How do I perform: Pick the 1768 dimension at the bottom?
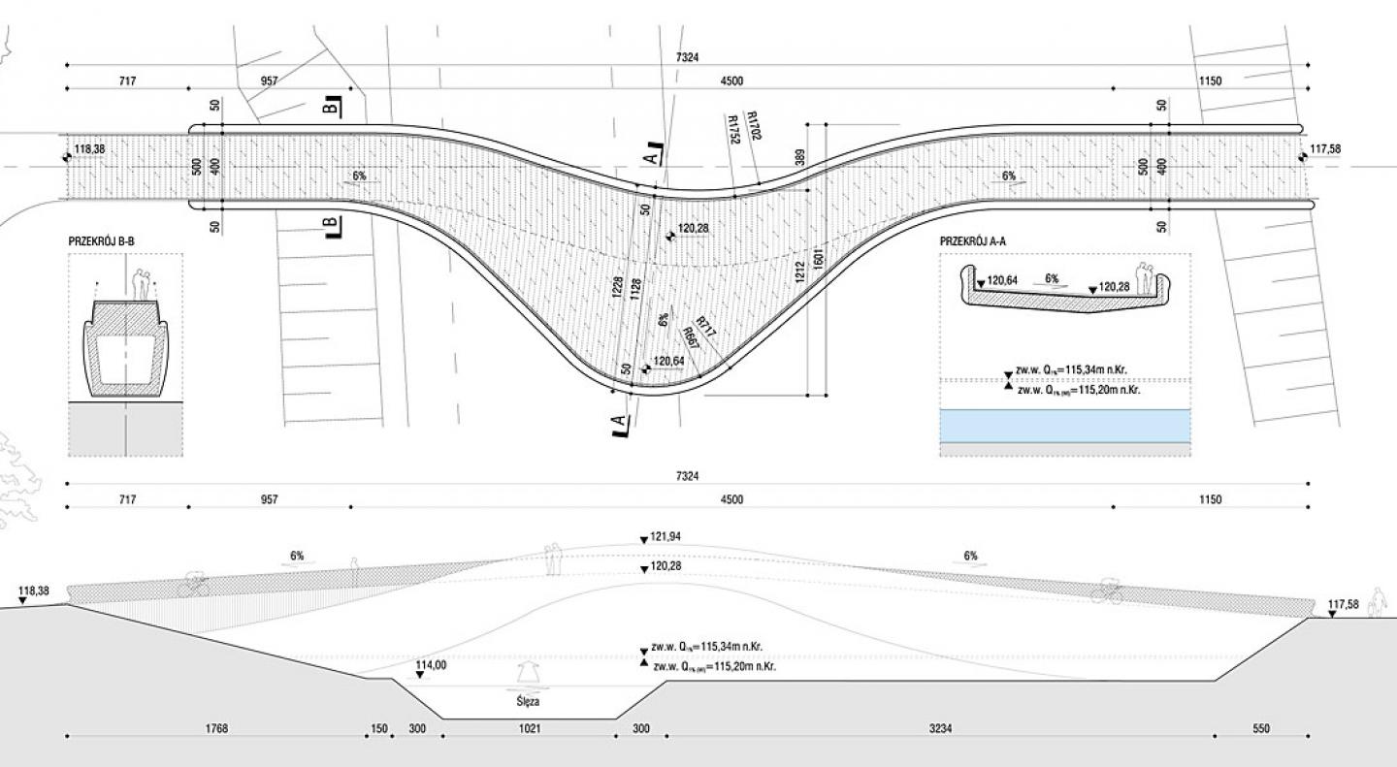tap(216, 728)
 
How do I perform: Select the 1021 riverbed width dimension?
tap(529, 728)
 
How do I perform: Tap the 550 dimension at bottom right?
tap(1260, 728)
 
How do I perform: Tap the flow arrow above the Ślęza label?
tap(528, 673)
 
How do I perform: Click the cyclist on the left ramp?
tap(194, 586)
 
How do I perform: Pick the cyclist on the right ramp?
tap(1108, 591)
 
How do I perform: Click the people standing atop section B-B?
tap(144, 285)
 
